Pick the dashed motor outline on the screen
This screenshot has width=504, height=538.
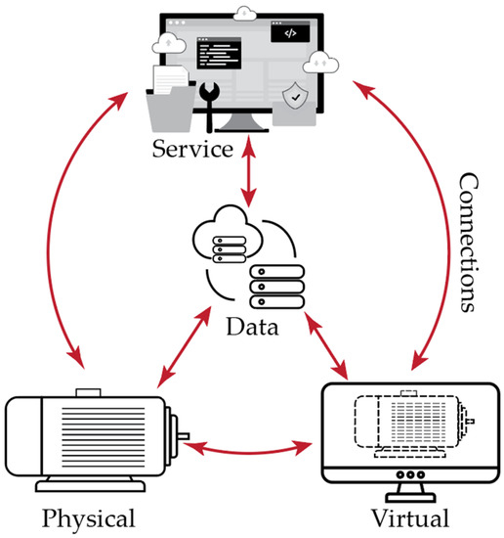pos(400,426)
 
